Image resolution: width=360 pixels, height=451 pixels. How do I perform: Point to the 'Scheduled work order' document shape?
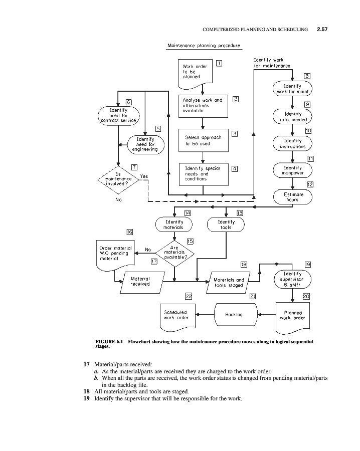click(x=176, y=315)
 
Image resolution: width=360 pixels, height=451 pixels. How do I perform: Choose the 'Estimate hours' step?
click(x=293, y=196)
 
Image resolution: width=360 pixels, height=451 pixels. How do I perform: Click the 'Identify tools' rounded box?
click(x=226, y=224)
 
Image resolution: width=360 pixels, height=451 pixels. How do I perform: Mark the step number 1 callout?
click(x=219, y=63)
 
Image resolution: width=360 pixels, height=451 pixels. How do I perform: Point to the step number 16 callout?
click(x=130, y=232)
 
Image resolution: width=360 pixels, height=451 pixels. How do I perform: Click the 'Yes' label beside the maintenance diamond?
click(x=144, y=176)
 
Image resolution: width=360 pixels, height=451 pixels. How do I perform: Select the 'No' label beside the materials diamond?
click(x=148, y=249)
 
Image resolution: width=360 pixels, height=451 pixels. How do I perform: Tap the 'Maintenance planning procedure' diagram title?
click(x=204, y=46)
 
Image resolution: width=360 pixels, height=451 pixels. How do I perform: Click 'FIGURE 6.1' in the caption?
click(x=109, y=341)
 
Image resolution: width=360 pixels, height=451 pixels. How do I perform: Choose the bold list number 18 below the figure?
click(x=87, y=391)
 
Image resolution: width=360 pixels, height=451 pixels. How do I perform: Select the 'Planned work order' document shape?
click(x=292, y=315)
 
